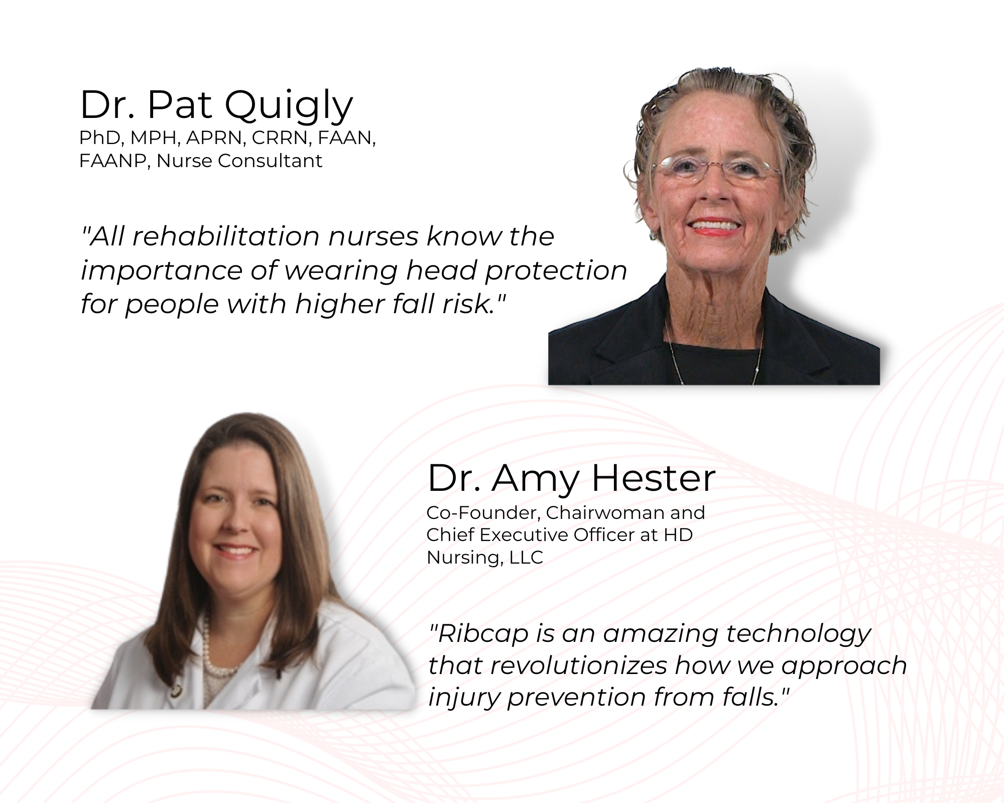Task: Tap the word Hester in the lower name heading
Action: coord(654,478)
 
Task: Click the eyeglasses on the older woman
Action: coord(717,168)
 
